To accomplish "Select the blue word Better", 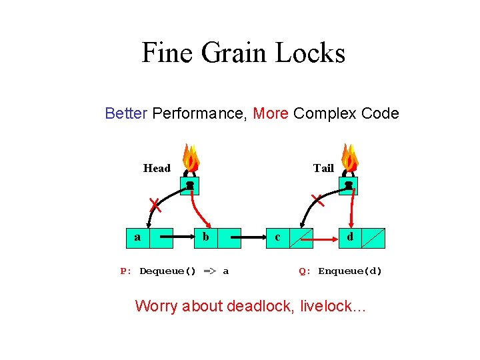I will [126, 113].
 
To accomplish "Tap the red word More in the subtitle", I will [271, 113].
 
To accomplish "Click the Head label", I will [157, 168].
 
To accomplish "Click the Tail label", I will [323, 168].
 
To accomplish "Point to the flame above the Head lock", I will [191, 158].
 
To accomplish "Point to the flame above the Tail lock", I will [349, 158].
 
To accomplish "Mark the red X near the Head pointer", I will [154, 203].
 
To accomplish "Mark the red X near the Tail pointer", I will [318, 199].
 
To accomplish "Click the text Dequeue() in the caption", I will [167, 271].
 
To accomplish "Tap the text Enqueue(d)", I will [350, 271].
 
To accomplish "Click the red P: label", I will [125, 271].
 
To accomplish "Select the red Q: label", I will [305, 271].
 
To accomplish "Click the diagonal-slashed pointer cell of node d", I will [373, 237].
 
